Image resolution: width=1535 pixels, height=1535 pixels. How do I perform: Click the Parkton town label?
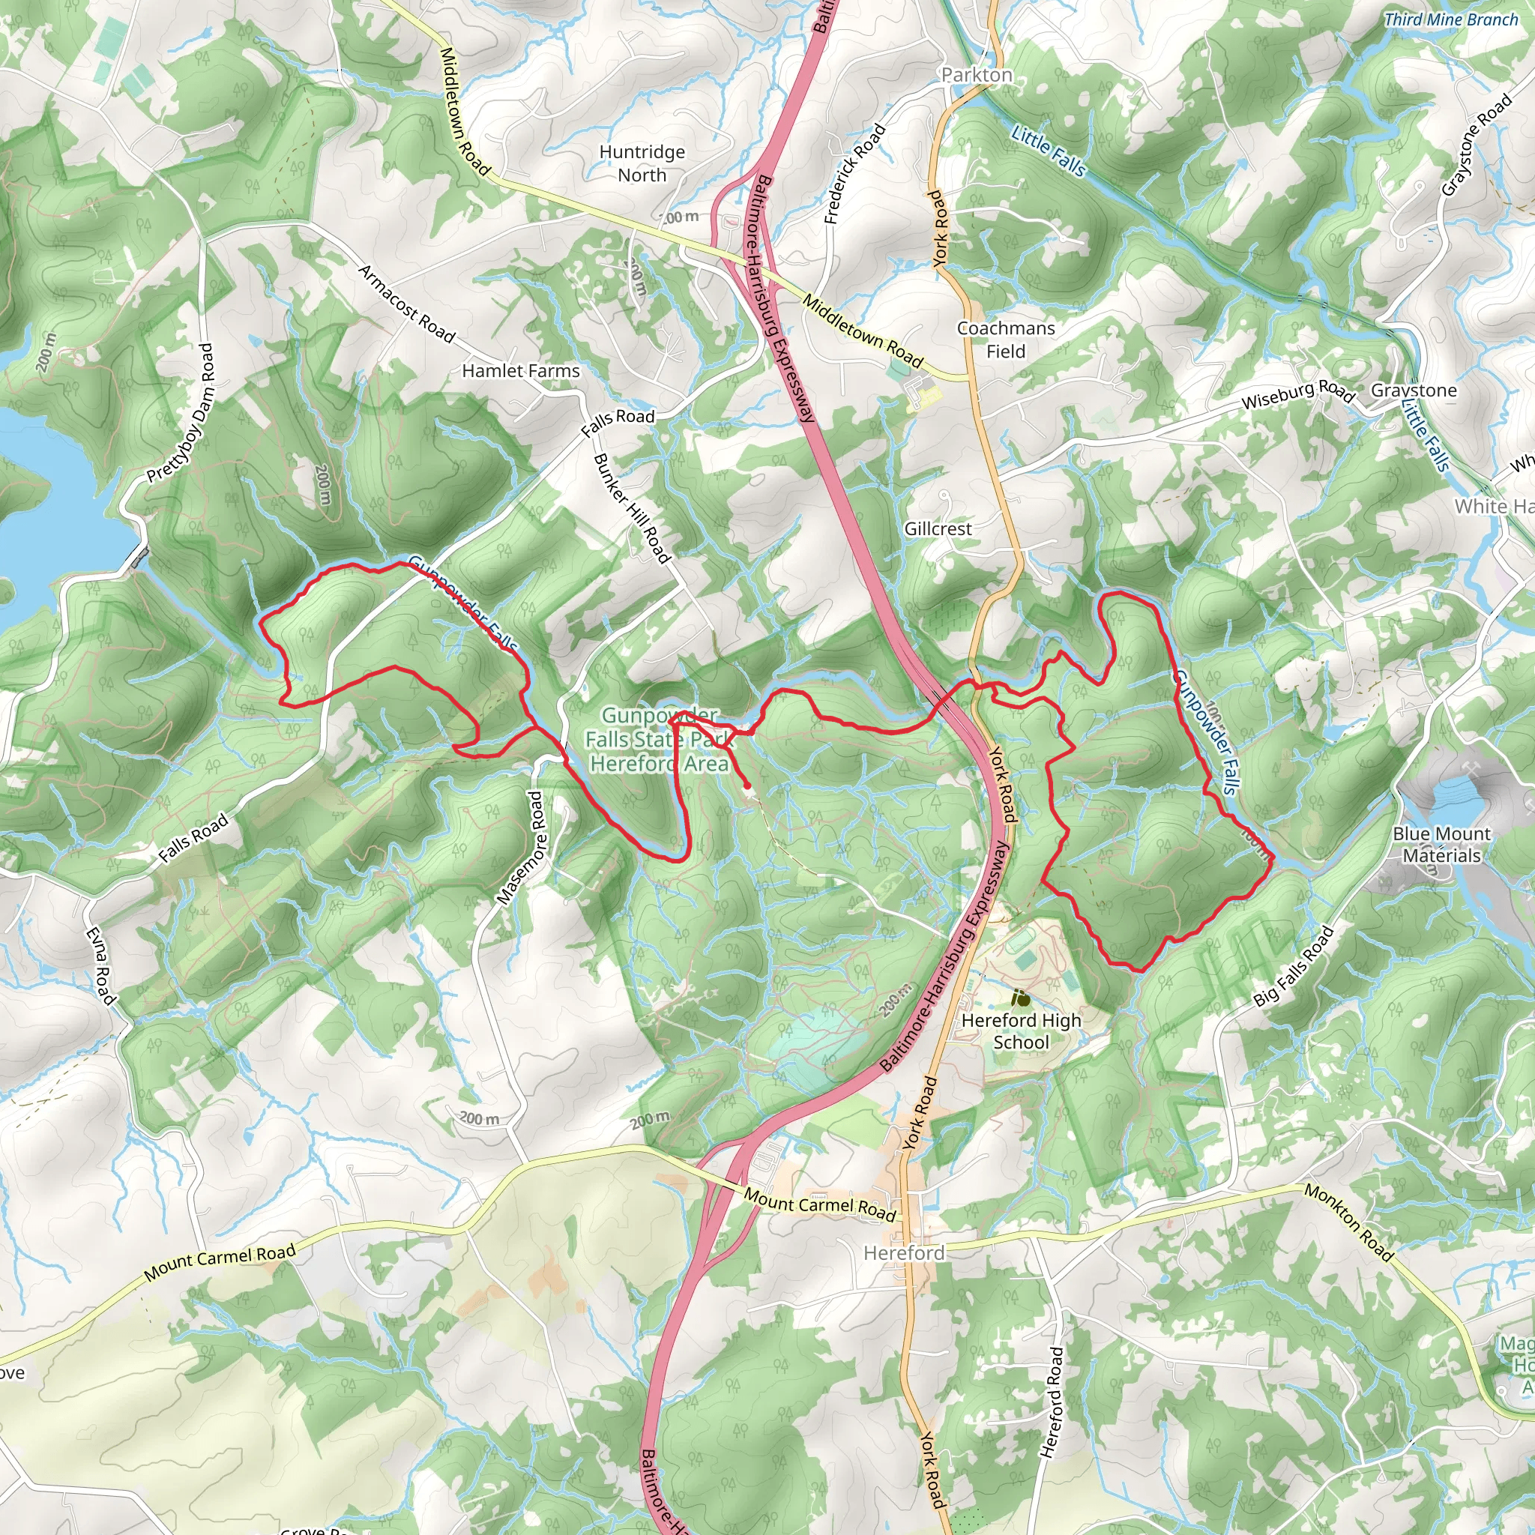977,75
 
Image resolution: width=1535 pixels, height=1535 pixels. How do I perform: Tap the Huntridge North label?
642,163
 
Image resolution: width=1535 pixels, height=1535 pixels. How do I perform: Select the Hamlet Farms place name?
520,371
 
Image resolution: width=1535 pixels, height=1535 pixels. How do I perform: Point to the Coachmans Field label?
1006,340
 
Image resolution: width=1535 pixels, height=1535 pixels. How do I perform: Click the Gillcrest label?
938,529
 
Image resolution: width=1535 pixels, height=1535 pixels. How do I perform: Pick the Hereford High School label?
1021,1031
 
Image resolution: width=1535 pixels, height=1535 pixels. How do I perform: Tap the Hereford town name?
904,1253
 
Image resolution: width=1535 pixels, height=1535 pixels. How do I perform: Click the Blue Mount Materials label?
1442,845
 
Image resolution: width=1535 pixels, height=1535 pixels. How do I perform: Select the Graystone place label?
1414,390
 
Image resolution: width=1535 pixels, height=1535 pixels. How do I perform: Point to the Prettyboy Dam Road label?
181,413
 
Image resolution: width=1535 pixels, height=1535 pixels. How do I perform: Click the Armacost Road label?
407,304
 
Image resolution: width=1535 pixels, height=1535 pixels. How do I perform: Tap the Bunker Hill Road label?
633,508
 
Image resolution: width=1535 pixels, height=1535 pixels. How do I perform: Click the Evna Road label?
102,966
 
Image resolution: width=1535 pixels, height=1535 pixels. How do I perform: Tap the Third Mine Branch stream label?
1451,20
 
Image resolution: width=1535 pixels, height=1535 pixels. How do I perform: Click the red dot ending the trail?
747,785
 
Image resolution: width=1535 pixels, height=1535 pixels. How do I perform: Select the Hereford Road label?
1051,1402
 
